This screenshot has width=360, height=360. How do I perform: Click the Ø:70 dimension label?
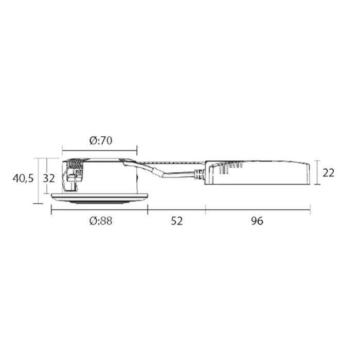click(x=101, y=140)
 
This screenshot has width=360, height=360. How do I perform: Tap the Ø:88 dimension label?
click(x=101, y=221)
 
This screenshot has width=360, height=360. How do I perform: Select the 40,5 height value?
click(x=23, y=178)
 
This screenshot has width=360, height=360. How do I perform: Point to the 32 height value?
click(x=49, y=178)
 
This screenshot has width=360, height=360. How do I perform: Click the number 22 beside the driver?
click(x=328, y=173)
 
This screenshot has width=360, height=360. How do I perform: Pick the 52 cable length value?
click(x=177, y=221)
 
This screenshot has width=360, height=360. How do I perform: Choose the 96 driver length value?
click(x=257, y=221)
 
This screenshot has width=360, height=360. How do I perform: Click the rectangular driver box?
click(x=257, y=173)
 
